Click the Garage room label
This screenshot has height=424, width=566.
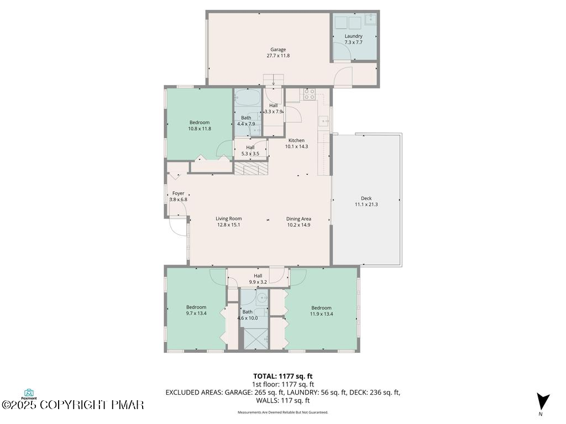click(278, 49)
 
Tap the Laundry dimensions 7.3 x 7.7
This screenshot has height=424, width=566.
click(353, 42)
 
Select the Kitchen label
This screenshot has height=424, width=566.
click(296, 140)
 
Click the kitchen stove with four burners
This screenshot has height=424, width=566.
click(310, 94)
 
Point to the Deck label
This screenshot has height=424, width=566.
click(366, 198)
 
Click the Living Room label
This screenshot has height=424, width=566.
click(229, 219)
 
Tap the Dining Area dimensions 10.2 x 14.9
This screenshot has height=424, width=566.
click(298, 225)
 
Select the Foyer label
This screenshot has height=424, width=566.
click(179, 193)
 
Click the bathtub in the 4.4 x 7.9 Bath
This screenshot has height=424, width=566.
click(247, 97)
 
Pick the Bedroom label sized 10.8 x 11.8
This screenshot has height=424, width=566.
click(200, 123)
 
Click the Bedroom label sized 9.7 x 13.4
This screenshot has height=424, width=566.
click(196, 307)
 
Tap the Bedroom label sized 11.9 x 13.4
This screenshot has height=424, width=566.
click(321, 308)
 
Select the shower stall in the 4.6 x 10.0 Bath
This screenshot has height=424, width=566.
click(256, 338)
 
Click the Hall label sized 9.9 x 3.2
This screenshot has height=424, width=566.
click(258, 276)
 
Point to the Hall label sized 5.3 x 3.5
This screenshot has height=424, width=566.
click(250, 147)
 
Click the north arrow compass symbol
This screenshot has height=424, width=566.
click(542, 402)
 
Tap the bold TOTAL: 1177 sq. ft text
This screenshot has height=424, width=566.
click(282, 377)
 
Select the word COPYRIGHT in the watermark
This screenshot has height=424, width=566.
click(74, 405)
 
